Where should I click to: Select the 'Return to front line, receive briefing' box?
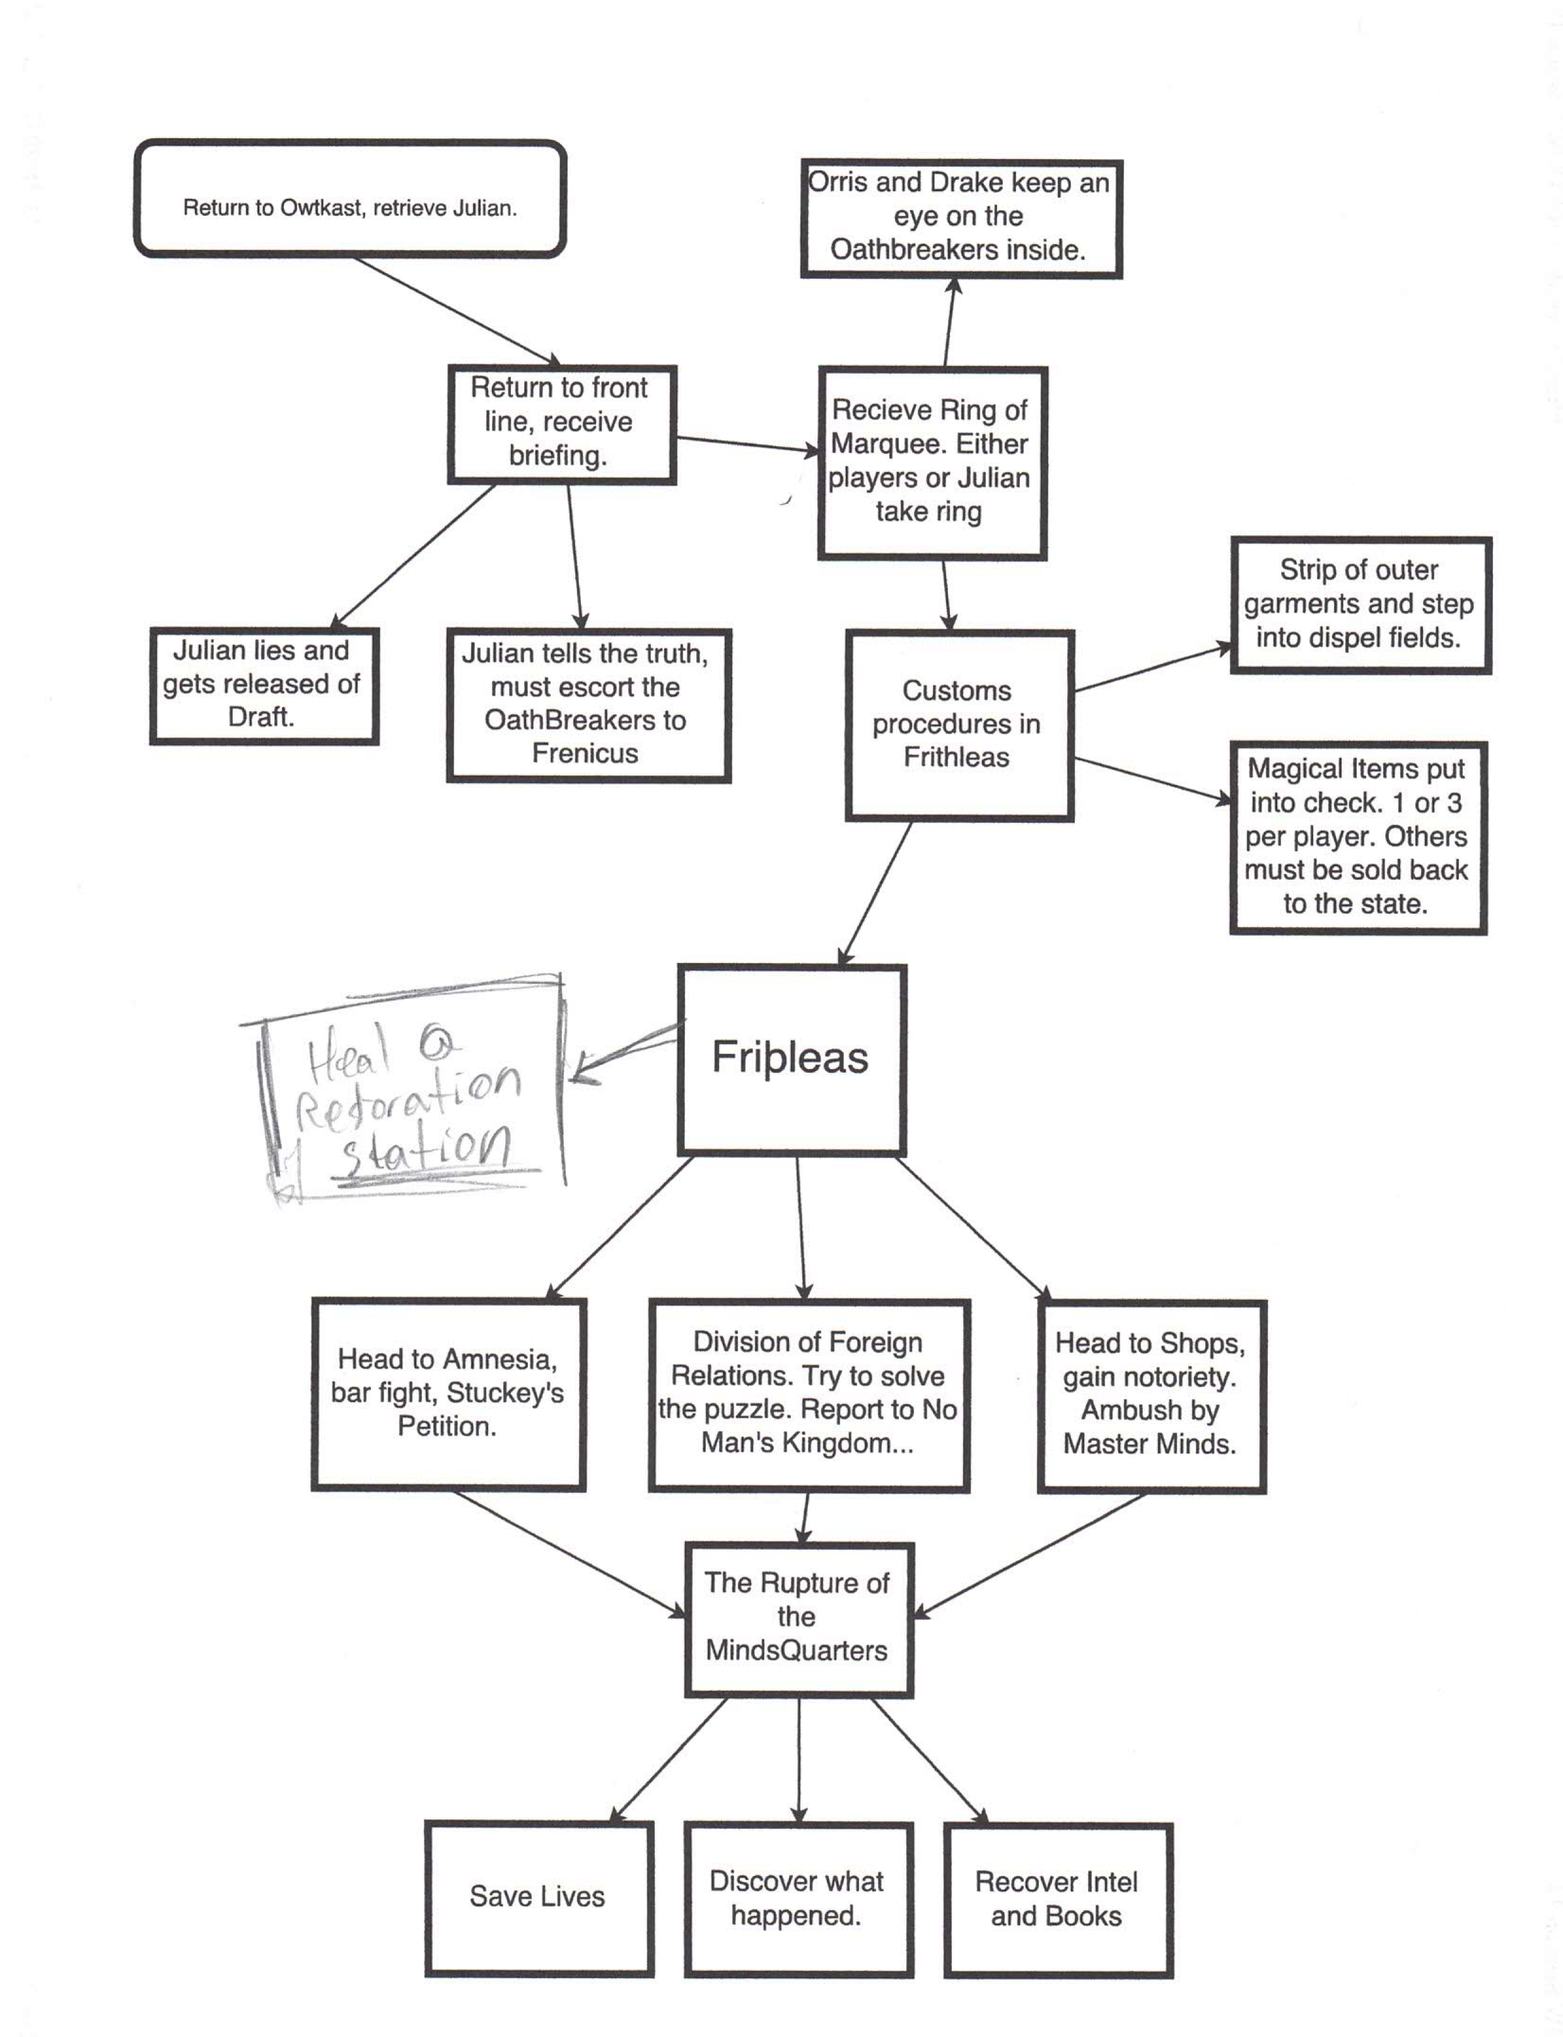coord(561,424)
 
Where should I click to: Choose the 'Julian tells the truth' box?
coord(588,704)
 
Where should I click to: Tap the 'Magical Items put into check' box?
coord(1357,837)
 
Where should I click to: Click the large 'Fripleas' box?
coord(792,1059)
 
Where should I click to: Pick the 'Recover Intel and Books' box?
coord(1058,1898)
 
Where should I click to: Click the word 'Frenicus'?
coord(585,753)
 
